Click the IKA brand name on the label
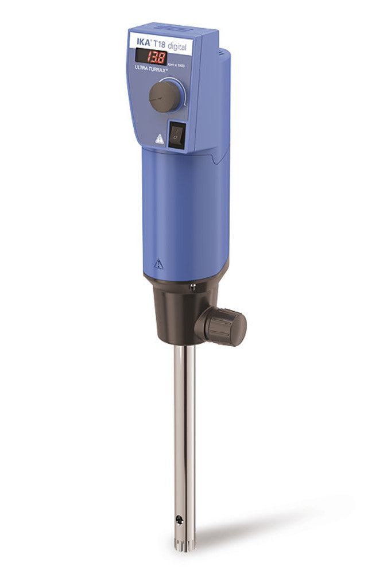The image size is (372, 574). (139, 42)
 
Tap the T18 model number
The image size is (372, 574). (159, 44)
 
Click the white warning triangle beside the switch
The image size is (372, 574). (159, 138)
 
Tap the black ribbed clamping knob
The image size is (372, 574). (226, 325)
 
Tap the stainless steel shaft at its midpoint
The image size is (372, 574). (184, 436)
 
